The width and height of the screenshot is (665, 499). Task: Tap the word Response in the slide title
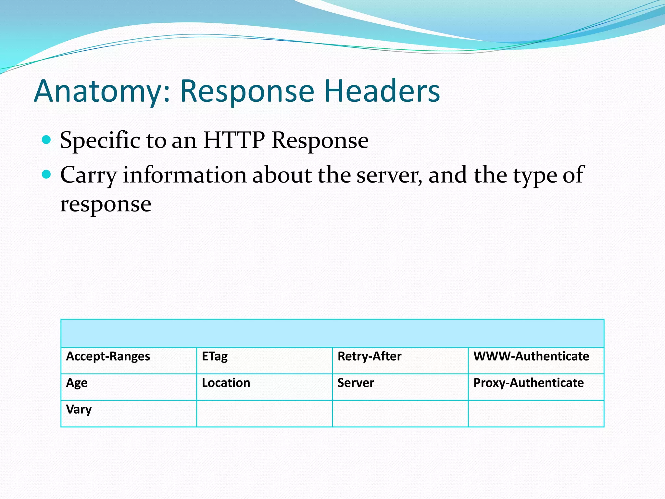[x=247, y=92]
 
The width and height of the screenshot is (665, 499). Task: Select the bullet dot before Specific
[x=47, y=140]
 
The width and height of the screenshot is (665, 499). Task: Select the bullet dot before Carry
[x=47, y=175]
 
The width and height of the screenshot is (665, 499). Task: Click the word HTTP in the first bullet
[x=234, y=140]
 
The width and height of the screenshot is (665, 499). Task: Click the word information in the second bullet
[x=185, y=175]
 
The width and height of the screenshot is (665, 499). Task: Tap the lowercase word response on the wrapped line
[x=106, y=205]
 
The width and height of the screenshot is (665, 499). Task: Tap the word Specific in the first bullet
[x=100, y=140]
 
